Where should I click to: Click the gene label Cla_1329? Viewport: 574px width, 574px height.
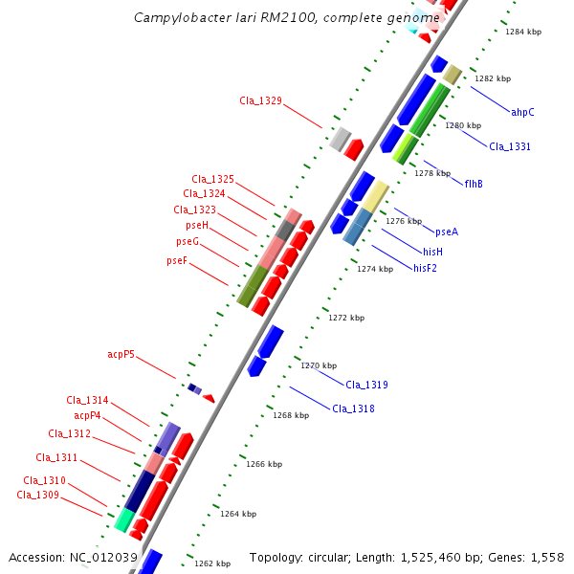pyautogui.click(x=260, y=100)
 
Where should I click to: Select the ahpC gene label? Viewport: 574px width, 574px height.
pyautogui.click(x=522, y=112)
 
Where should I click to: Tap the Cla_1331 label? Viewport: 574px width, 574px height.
pyautogui.click(x=510, y=146)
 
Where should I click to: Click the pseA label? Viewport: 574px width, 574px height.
pyautogui.click(x=447, y=232)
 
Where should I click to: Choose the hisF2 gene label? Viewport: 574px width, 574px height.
pyautogui.click(x=425, y=268)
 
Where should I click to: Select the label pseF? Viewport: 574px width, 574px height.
pyautogui.click(x=177, y=260)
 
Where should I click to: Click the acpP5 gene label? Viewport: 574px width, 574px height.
pyautogui.click(x=121, y=355)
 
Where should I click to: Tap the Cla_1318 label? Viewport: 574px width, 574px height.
pyautogui.click(x=353, y=408)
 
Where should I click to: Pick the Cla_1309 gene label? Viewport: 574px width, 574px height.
pyautogui.click(x=37, y=495)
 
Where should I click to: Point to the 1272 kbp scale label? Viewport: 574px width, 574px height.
pyautogui.click(x=345, y=318)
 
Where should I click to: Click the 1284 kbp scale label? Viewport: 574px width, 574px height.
pyautogui.click(x=523, y=32)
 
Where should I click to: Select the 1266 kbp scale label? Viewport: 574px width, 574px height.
pyautogui.click(x=264, y=464)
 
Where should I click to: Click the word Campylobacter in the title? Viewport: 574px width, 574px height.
pyautogui.click(x=177, y=17)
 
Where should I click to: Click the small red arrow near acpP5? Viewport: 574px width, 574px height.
pyautogui.click(x=209, y=398)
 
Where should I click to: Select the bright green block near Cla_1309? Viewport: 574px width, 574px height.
pyautogui.click(x=123, y=520)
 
